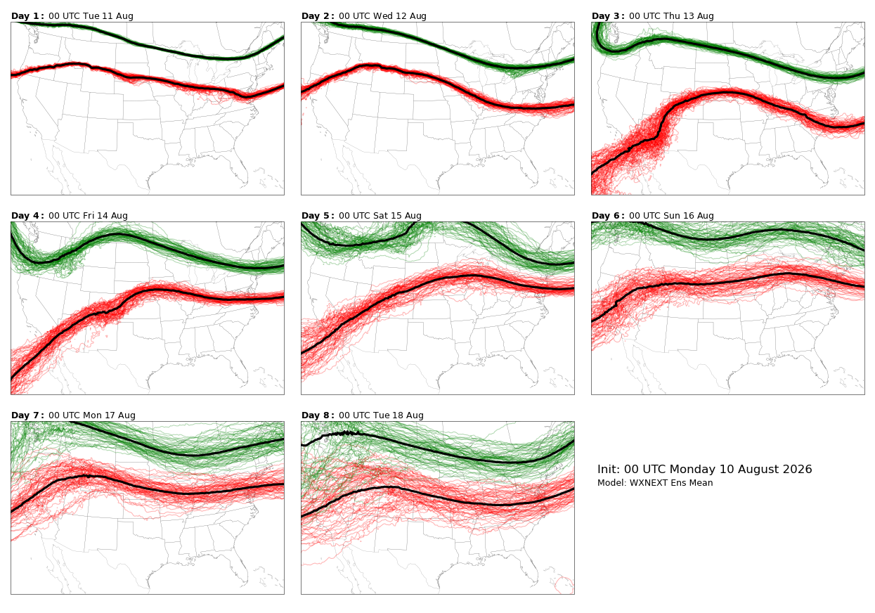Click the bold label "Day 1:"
pyautogui.click(x=27, y=16)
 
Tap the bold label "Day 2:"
pyautogui.click(x=318, y=16)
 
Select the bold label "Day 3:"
pyautogui.click(x=608, y=16)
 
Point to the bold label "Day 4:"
pyautogui.click(x=27, y=216)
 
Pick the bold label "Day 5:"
pyautogui.click(x=318, y=216)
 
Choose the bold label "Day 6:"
pyautogui.click(x=608, y=216)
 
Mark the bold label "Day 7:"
pyautogui.click(x=27, y=415)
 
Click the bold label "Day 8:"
pyautogui.click(x=318, y=415)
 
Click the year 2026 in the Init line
pyautogui.click(x=798, y=469)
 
